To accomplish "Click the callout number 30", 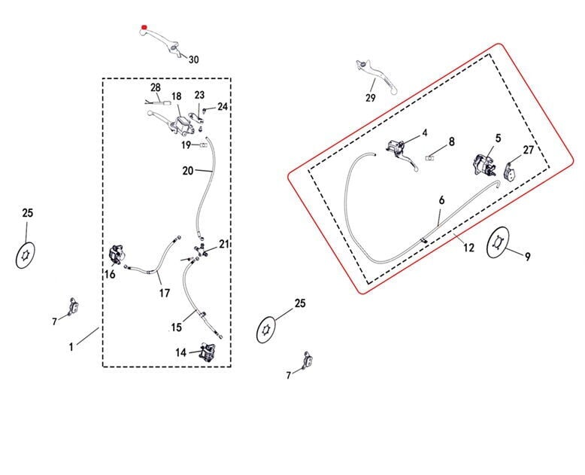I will pos(194,59).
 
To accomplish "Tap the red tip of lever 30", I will pos(144,30).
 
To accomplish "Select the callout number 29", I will pos(370,99).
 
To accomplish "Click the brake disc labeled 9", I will pos(498,243).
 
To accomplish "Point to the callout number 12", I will pos(468,248).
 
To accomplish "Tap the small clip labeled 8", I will pos(430,157).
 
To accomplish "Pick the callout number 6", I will pos(441,200).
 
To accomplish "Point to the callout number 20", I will pos(188,171).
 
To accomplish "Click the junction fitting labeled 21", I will pos(200,249).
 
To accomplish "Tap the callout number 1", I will pos(71,347).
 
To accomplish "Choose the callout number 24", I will pos(222,107).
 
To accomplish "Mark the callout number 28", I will pos(156,87).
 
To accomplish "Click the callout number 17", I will pos(164,293).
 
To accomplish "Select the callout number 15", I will pos(176,327).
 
